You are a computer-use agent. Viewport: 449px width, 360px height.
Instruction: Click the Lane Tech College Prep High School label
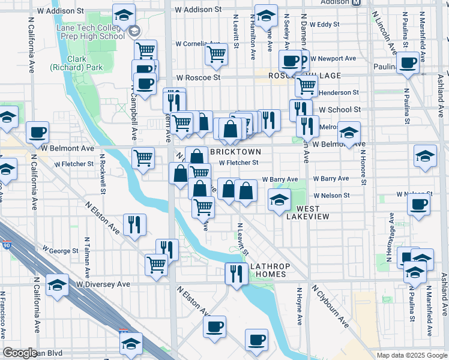click(x=89, y=32)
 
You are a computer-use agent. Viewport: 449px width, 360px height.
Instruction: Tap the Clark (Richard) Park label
click(x=68, y=63)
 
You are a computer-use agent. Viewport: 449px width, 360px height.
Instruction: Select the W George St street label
click(x=60, y=251)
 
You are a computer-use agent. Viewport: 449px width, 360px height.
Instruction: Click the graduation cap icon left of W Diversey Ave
click(x=58, y=284)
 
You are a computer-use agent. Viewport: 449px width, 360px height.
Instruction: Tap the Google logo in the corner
click(x=20, y=353)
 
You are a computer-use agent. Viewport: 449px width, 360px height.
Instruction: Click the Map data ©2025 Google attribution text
click(x=411, y=355)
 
